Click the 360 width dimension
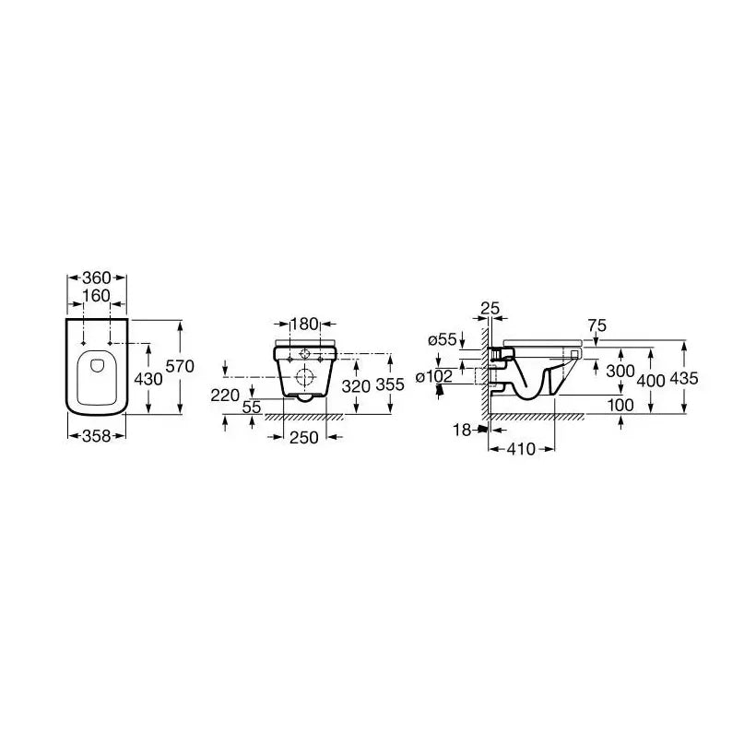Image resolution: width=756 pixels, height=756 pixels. click(x=97, y=278)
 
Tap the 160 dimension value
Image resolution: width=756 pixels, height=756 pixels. click(x=97, y=296)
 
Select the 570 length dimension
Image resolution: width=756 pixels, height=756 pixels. click(x=180, y=366)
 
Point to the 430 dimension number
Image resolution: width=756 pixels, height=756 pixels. click(x=148, y=380)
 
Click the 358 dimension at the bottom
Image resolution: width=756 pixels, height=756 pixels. click(x=97, y=436)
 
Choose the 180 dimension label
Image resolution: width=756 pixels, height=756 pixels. click(x=305, y=324)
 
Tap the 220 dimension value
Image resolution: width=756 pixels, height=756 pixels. click(x=225, y=396)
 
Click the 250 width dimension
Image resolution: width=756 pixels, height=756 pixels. click(x=304, y=437)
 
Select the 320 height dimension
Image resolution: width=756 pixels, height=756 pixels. click(x=356, y=385)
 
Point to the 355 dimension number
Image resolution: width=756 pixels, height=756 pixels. click(x=390, y=384)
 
